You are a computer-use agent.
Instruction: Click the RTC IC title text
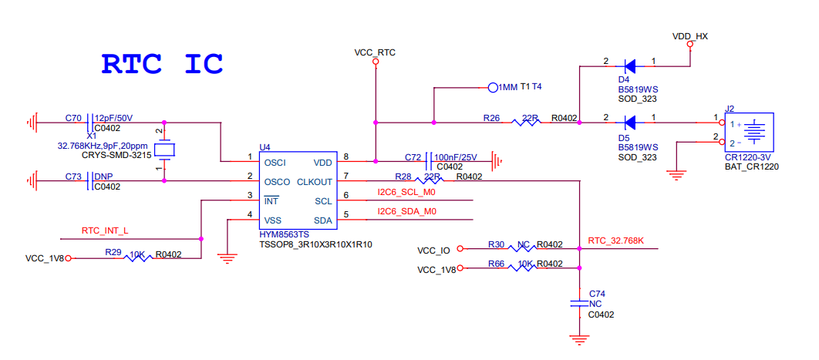(x=162, y=63)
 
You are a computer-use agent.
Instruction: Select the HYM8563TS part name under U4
(x=285, y=234)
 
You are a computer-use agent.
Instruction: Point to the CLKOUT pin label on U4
(x=315, y=182)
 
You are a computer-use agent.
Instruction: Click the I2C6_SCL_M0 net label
(x=406, y=192)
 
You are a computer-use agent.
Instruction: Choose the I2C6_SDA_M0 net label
(x=406, y=211)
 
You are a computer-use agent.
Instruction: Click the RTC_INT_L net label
(x=105, y=230)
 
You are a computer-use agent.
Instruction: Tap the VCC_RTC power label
(x=375, y=52)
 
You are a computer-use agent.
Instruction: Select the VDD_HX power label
(x=689, y=36)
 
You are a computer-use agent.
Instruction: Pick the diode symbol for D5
(x=630, y=122)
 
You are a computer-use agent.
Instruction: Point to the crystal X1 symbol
(x=164, y=150)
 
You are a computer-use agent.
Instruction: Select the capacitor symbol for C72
(x=429, y=161)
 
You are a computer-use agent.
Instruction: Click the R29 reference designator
(x=113, y=252)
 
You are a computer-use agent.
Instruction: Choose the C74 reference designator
(x=596, y=294)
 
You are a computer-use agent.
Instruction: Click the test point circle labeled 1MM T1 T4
(x=493, y=87)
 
